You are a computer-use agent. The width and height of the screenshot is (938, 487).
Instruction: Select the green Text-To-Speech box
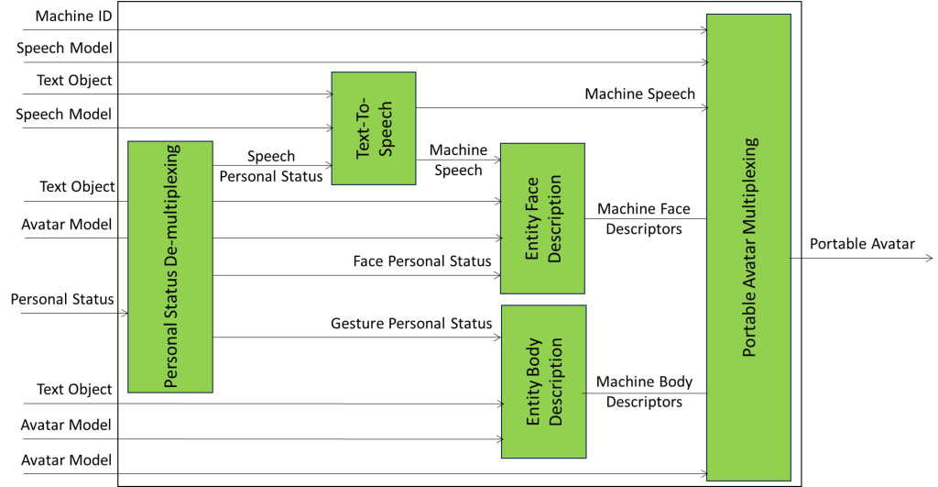373,128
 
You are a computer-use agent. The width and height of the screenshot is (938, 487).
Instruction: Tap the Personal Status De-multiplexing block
170,266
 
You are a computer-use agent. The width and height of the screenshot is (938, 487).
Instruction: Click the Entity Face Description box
542,217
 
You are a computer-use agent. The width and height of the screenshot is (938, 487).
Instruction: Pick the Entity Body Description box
543,382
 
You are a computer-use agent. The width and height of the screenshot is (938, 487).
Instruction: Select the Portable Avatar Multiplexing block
748,247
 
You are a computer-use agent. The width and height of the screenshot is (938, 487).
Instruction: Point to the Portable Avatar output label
862,244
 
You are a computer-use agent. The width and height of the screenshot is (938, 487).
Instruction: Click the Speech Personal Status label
271,166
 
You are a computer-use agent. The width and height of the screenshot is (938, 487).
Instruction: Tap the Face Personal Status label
422,261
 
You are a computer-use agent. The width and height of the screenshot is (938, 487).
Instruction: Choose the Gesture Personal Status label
411,323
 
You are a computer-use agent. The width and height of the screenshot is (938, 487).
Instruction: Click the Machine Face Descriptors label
644,219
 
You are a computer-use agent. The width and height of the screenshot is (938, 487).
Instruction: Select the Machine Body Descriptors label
644,392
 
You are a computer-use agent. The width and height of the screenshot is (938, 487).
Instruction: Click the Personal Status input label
62,299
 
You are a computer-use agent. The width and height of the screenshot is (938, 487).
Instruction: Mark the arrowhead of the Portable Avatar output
928,259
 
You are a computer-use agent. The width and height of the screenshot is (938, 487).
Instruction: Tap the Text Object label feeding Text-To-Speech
74,81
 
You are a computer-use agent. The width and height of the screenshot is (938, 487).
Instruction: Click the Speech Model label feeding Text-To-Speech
64,115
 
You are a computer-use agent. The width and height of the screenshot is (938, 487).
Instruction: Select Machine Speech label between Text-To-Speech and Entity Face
458,160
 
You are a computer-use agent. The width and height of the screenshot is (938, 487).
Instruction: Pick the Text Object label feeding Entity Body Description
74,390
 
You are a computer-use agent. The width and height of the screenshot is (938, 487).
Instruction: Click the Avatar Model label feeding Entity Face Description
66,225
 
